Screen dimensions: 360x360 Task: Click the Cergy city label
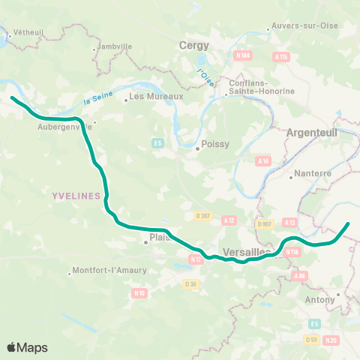tap(194, 46)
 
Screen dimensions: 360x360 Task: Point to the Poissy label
tap(214, 148)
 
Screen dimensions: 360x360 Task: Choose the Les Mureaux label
tap(156, 96)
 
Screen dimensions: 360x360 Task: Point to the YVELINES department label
tap(76, 195)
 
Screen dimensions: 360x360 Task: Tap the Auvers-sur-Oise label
tap(301, 30)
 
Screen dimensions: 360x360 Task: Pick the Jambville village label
tap(115, 46)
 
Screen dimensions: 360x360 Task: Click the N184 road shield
tap(242, 55)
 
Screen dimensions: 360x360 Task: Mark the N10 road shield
tap(138, 292)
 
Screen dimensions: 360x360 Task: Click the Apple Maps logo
tap(27, 347)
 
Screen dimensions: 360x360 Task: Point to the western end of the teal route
tap(11, 97)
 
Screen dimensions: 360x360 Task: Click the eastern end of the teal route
tap(348, 223)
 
